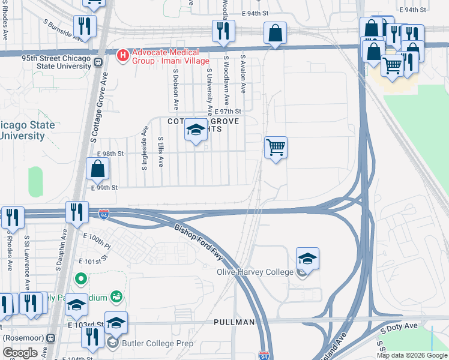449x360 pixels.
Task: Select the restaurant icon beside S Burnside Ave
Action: point(84,26)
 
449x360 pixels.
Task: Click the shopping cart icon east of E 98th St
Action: point(276,147)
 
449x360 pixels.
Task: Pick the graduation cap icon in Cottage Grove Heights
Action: point(196,130)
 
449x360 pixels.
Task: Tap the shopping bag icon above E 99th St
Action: point(97,170)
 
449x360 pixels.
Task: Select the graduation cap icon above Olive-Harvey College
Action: point(307,258)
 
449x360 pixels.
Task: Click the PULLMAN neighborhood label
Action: point(234,322)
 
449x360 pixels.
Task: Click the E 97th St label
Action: point(228,112)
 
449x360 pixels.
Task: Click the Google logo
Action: point(20,352)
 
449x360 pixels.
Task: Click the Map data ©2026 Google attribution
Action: point(412,355)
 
